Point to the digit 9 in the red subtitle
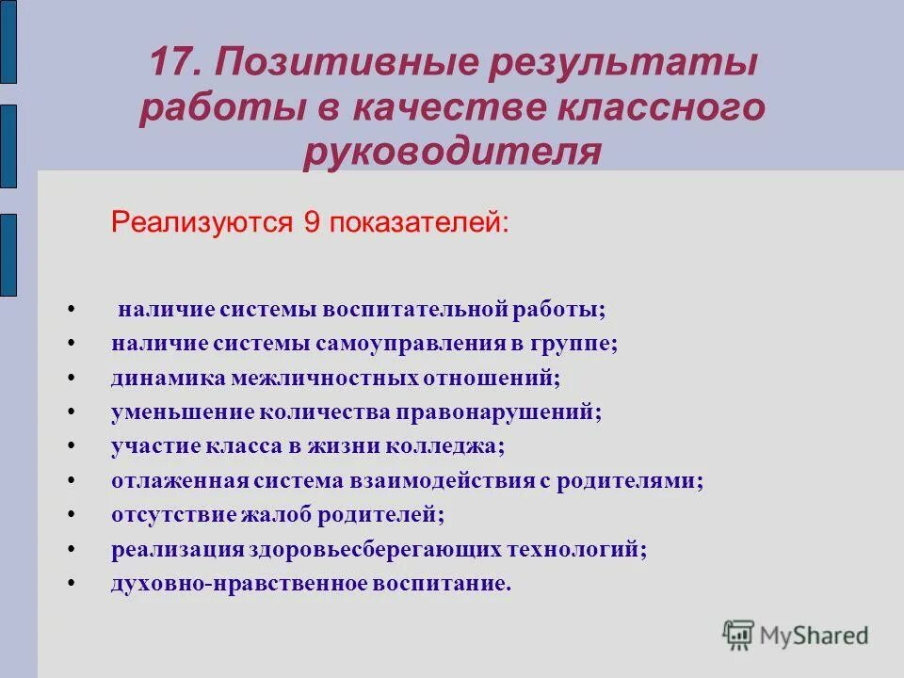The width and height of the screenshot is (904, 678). point(312,223)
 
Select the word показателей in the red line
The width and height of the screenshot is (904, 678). point(416,223)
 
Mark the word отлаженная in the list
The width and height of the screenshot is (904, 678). point(179,481)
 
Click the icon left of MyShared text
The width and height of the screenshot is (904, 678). point(739,635)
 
